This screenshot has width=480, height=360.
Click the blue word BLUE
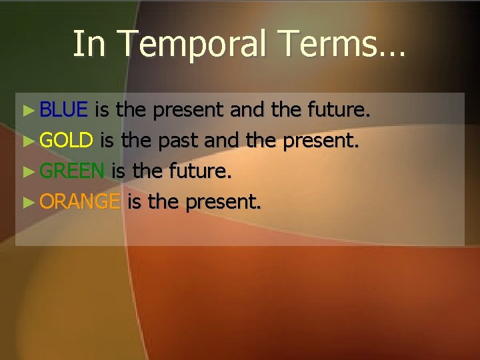64,109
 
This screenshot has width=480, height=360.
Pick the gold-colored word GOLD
66,140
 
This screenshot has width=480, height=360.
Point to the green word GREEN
72,171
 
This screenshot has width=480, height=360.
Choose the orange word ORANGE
80,201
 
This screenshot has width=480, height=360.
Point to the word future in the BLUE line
337,110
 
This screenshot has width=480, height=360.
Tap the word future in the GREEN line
199,171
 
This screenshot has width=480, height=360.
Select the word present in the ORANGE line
223,202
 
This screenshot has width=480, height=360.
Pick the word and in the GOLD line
224,141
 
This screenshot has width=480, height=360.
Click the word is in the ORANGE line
134,201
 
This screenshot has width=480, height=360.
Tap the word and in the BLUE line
247,110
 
